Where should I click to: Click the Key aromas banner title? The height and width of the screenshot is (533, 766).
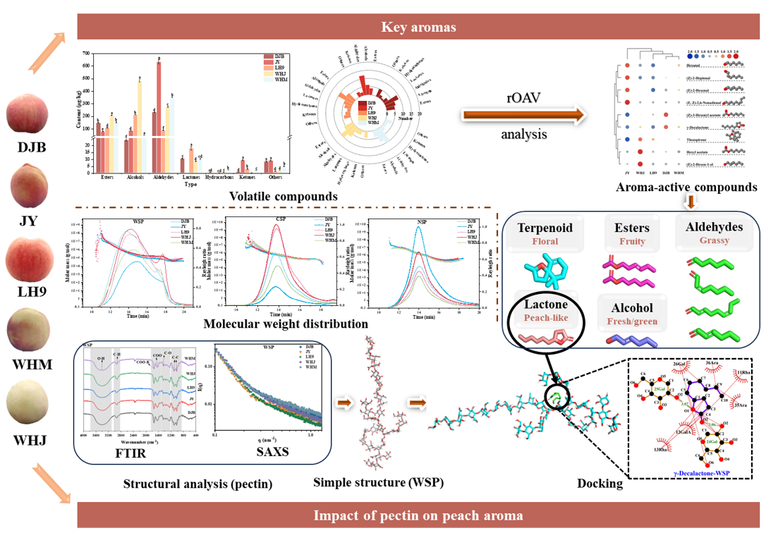click(x=419, y=27)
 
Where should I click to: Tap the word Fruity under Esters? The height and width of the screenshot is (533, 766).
click(x=628, y=240)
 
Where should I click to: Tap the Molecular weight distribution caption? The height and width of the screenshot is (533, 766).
click(x=286, y=324)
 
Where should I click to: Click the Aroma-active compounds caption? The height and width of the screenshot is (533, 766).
click(x=686, y=188)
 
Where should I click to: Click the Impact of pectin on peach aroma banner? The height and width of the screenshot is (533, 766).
click(x=419, y=515)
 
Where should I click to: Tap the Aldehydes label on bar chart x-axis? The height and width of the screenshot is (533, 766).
click(x=164, y=177)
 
